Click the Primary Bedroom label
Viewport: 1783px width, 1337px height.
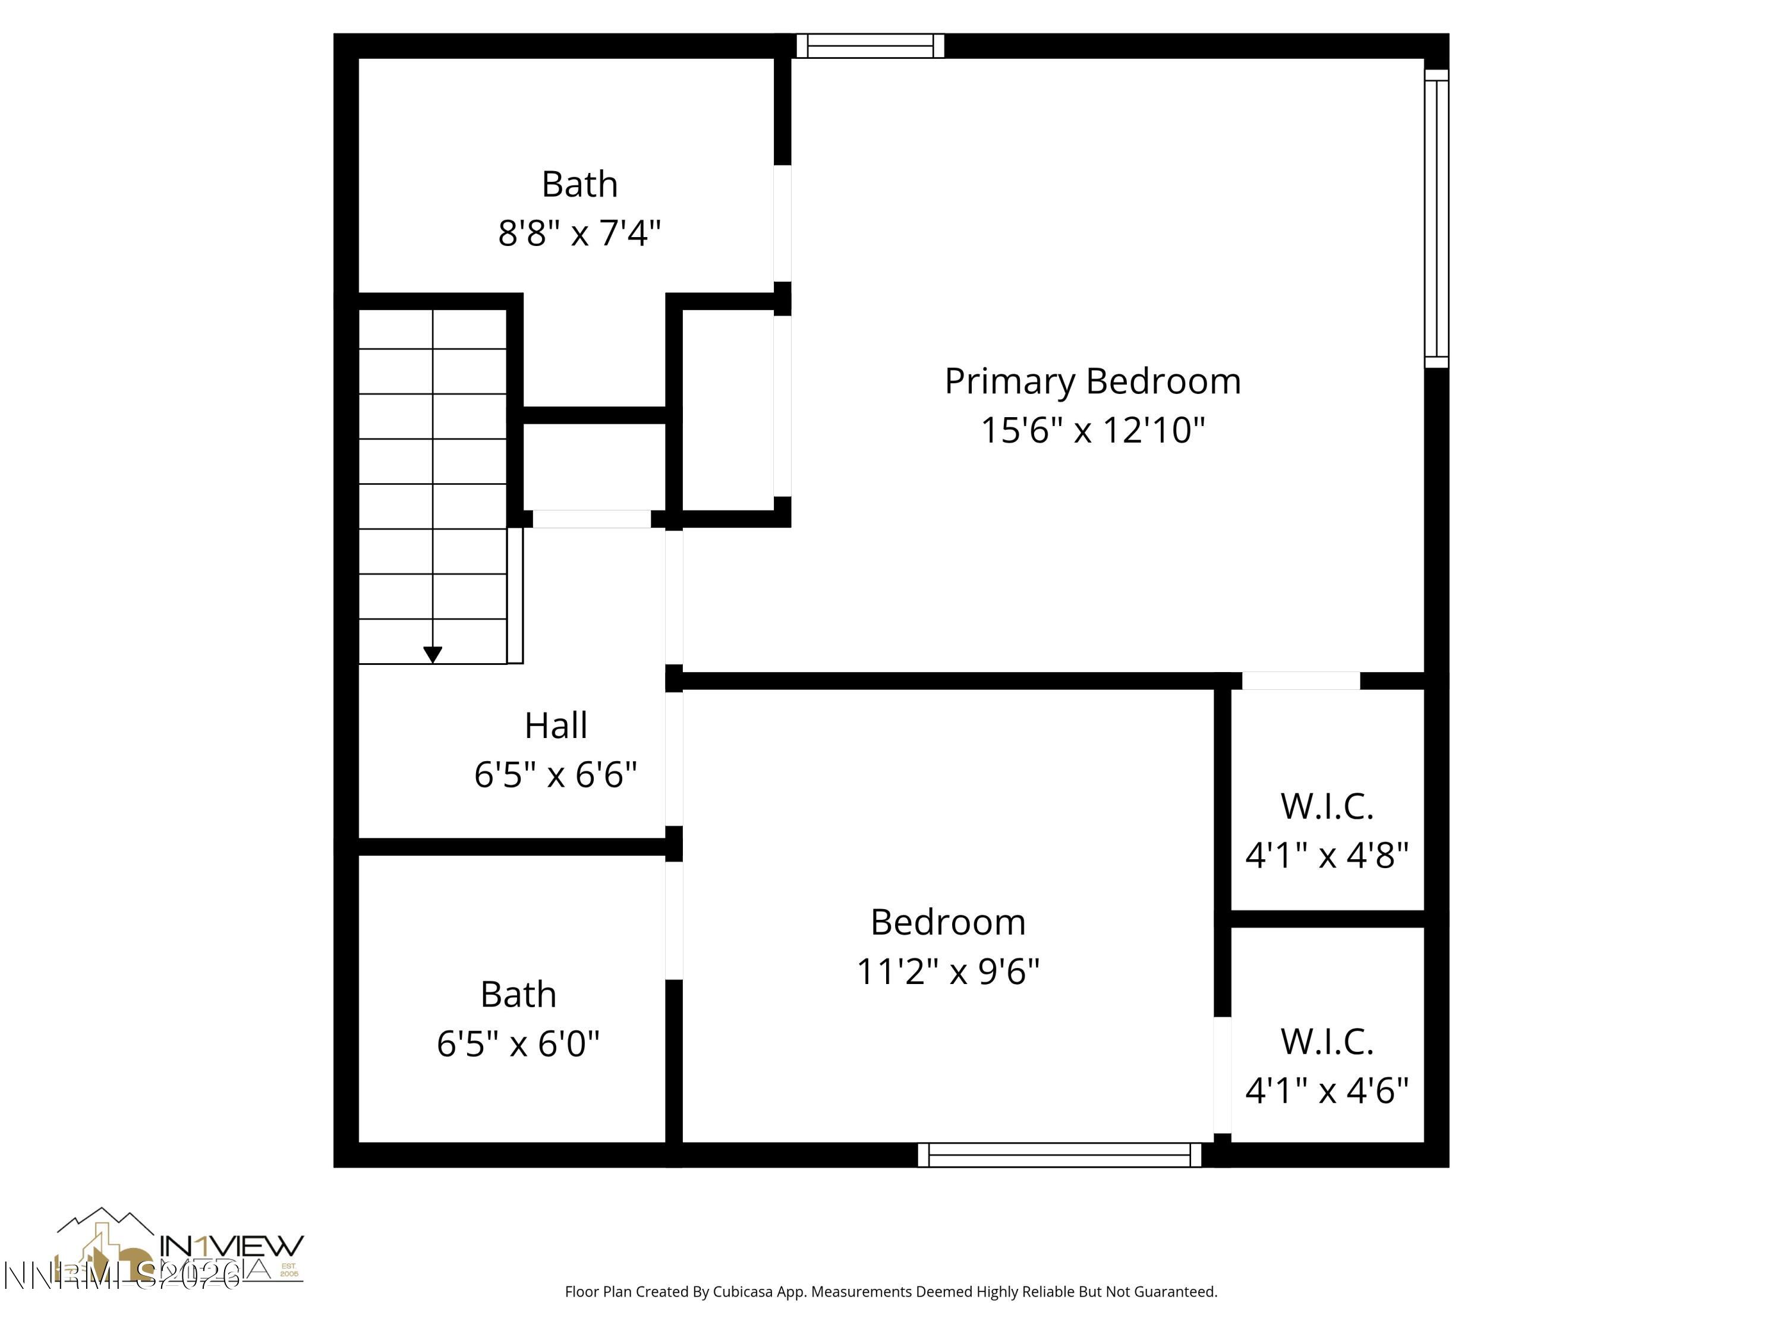pos(1092,381)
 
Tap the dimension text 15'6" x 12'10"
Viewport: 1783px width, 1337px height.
pos(1092,430)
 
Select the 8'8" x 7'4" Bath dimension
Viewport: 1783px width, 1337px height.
pos(579,234)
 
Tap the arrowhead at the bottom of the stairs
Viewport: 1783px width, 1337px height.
pos(433,654)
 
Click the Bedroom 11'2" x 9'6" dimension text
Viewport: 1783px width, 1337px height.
pos(948,972)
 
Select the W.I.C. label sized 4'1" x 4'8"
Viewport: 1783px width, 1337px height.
pos(1327,807)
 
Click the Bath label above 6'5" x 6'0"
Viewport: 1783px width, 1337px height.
pos(518,995)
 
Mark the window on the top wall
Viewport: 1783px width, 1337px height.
pos(871,46)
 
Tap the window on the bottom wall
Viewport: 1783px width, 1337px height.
pos(1059,1155)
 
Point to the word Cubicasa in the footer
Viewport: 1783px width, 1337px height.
pos(743,1292)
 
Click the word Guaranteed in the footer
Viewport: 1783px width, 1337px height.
pos(1175,1292)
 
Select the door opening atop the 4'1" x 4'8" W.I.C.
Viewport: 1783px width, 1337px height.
pos(1301,681)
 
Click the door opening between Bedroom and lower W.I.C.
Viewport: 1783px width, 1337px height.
pos(1222,1075)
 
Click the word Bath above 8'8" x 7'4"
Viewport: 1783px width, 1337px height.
pos(579,185)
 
